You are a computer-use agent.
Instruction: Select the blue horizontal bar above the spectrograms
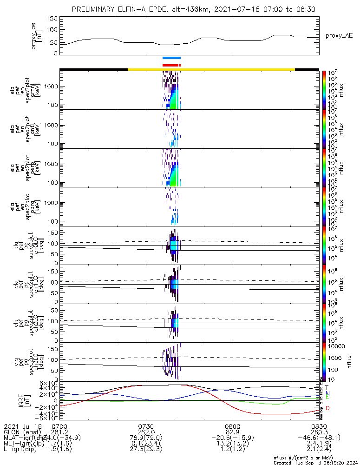coord(171,58)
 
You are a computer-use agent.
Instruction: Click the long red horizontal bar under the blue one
coord(170,65)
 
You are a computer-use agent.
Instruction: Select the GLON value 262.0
coord(146,432)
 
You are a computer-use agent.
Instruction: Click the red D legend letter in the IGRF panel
coord(327,408)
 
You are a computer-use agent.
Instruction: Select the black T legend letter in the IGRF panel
coord(327,387)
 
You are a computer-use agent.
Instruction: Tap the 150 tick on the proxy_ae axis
coord(52,18)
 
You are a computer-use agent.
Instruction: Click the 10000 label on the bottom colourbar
coord(335,346)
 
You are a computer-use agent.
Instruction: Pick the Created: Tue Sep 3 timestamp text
coord(316,462)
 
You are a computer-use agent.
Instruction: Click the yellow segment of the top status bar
coord(211,69)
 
